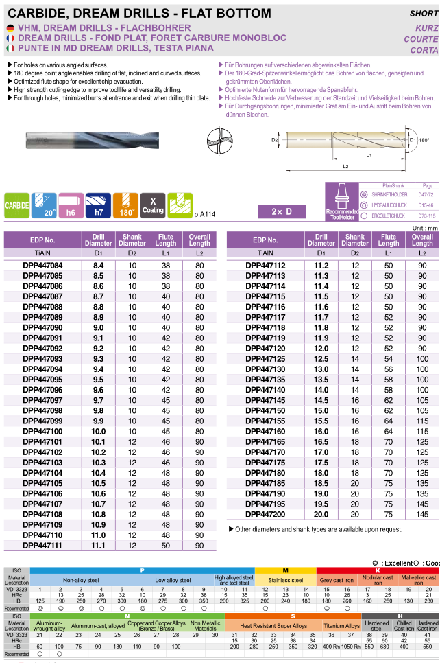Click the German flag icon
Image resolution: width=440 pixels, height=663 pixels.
click(x=10, y=27)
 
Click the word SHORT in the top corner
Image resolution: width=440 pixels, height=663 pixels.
click(x=423, y=13)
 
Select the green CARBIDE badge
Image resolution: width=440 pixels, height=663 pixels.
click(x=16, y=205)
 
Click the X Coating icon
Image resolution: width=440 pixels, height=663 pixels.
click(x=153, y=205)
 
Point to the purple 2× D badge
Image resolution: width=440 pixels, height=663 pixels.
click(x=281, y=211)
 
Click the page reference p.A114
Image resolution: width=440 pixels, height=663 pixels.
click(x=205, y=215)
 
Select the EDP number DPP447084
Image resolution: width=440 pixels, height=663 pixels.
click(x=42, y=265)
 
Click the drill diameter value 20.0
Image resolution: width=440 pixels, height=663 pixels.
click(x=321, y=515)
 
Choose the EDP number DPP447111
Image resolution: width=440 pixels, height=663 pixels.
click(x=42, y=546)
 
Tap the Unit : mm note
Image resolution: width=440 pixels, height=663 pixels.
click(x=422, y=227)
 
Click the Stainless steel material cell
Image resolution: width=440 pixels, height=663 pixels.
click(x=285, y=580)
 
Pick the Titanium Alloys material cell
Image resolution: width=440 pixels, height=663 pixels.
click(x=342, y=626)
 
